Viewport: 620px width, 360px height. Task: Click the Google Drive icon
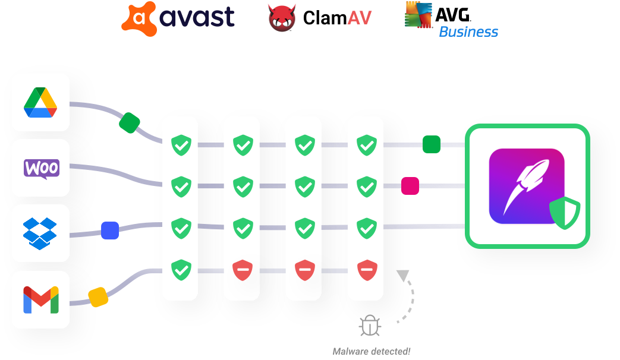40,102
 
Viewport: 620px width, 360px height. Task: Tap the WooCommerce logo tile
41,168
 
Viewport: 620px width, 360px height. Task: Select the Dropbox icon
40,233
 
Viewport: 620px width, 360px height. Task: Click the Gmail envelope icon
40,299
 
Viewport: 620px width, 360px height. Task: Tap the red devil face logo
282,18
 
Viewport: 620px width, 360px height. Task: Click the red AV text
360,18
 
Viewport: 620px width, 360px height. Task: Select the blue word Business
468,32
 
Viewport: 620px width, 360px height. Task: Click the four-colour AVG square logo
418,14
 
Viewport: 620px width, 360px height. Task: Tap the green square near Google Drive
130,123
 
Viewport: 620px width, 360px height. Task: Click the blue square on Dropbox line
110,230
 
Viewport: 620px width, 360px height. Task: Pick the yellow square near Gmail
99,297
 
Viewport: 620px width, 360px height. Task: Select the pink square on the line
410,186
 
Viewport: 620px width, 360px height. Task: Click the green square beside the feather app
432,144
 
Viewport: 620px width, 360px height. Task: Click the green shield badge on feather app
564,213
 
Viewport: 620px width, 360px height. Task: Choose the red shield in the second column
242,270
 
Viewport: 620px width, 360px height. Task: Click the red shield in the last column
366,270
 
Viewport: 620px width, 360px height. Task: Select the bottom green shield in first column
181,270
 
